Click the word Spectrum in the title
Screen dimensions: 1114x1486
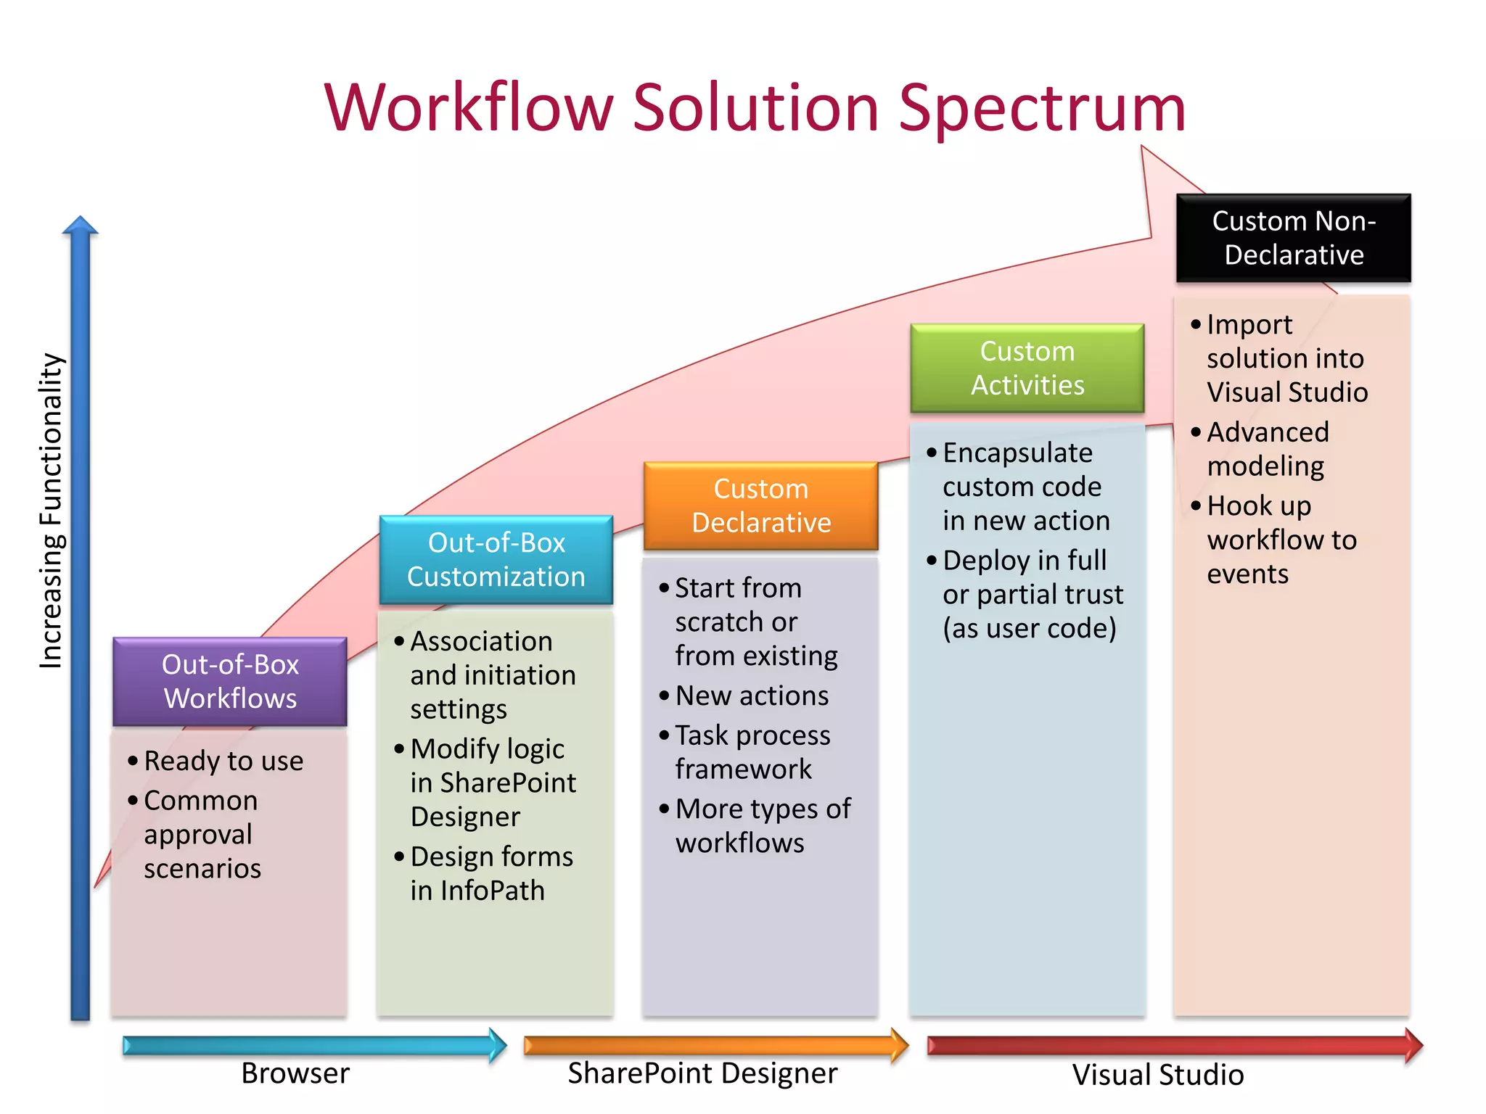[x=1041, y=109]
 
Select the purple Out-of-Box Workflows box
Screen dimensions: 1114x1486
[x=230, y=682]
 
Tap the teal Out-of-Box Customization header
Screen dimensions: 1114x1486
[x=496, y=560]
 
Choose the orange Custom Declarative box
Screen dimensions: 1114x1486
[x=760, y=506]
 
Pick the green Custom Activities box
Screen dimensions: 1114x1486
[x=1027, y=368]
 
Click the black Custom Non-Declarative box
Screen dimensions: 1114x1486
[x=1293, y=238]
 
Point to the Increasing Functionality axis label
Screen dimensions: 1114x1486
[x=51, y=511]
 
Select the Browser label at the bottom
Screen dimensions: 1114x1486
[x=295, y=1073]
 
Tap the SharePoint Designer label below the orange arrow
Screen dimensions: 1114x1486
[x=702, y=1073]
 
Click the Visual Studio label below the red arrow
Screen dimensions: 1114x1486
[x=1158, y=1075]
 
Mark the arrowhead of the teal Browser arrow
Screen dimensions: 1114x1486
[x=499, y=1045]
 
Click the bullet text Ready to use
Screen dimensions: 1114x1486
[x=223, y=761]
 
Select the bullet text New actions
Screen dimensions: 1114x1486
[x=752, y=696]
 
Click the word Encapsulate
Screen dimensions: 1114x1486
[x=1017, y=453]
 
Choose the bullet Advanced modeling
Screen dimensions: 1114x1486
[x=1267, y=449]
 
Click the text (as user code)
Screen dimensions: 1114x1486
[x=1029, y=628]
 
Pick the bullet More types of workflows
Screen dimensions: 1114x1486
[x=762, y=825]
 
